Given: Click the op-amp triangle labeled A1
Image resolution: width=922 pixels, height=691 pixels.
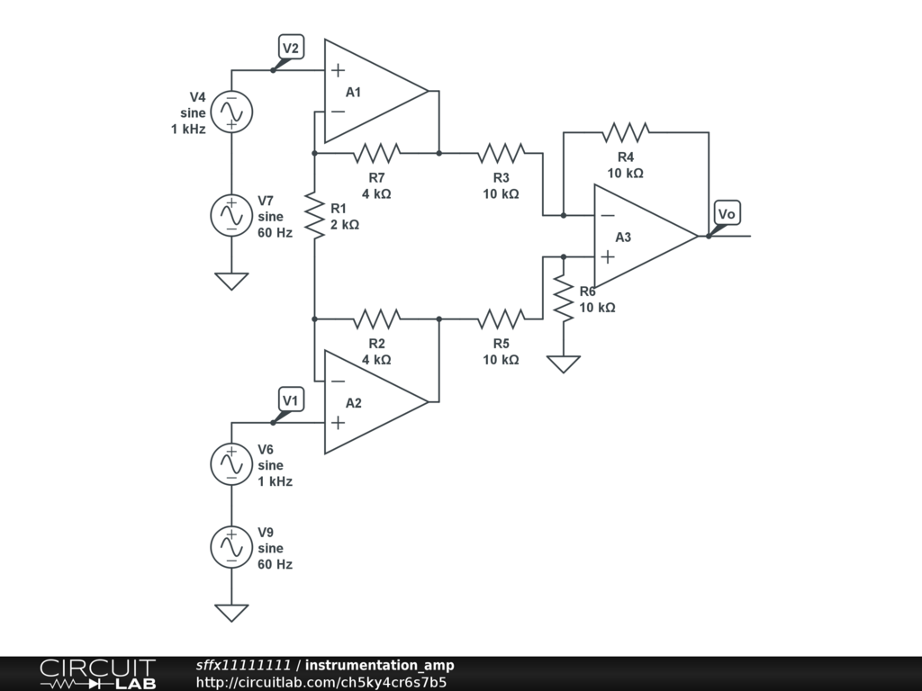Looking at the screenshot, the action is tap(376, 91).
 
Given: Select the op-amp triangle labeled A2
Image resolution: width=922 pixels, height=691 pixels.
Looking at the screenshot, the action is tap(376, 402).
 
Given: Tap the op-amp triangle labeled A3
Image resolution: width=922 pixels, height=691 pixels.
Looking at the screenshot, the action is tap(646, 237).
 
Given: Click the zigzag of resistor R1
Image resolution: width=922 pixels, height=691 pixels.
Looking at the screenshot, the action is tap(314, 215).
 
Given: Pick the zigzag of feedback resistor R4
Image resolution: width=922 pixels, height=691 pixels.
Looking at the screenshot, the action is tap(626, 133).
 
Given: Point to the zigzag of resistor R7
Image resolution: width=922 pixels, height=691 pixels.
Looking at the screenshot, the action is tap(377, 153).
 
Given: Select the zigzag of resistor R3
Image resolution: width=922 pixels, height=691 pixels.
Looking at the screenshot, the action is tap(501, 153).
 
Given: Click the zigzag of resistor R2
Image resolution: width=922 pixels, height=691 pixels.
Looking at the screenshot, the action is tap(377, 319).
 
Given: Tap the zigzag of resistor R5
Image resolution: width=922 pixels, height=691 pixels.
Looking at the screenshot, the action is tap(501, 319).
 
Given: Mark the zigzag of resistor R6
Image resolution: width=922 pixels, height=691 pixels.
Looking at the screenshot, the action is tap(564, 299).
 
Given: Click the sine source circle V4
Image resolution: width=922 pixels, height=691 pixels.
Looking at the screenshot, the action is tap(231, 112).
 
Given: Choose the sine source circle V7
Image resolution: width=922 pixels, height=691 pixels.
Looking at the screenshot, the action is tap(231, 216).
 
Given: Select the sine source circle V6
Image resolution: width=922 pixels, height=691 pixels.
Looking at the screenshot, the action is tap(231, 464).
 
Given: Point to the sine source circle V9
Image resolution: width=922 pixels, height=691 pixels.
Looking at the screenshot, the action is tap(231, 547).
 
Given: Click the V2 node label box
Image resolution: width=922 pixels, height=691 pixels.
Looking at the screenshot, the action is tap(291, 47).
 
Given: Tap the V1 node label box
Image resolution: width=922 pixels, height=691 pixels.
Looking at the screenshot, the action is tap(291, 399).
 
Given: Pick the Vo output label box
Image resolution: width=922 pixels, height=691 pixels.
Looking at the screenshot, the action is tap(728, 212).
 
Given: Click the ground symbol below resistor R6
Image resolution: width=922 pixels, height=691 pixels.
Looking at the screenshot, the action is tap(564, 363).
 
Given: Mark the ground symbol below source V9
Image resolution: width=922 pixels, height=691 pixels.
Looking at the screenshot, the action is tap(231, 613).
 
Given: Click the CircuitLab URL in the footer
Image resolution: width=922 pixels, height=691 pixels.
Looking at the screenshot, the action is tap(321, 682).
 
